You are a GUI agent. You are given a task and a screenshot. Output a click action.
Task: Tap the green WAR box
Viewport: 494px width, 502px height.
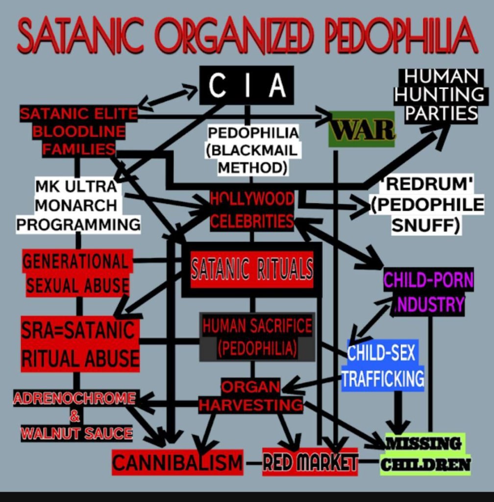coord(362,129)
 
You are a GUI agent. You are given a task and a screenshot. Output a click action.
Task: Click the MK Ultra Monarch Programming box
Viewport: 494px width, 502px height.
coord(77,205)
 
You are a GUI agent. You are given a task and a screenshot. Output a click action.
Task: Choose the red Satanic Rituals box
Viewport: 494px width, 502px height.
coord(252,269)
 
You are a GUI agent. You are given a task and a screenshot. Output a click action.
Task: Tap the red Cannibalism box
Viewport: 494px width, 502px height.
coord(177,462)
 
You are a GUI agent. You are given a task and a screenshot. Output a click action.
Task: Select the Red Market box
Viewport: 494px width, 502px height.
coord(310,461)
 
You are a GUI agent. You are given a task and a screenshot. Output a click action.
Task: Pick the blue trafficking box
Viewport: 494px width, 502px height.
coord(383,365)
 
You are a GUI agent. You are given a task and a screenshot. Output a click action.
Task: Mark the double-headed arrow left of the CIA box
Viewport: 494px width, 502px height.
coord(168,96)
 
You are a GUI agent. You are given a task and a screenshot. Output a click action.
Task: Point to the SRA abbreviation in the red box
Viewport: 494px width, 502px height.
coord(41,331)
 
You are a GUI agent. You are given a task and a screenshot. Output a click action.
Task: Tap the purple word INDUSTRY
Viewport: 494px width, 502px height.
coord(430,304)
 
